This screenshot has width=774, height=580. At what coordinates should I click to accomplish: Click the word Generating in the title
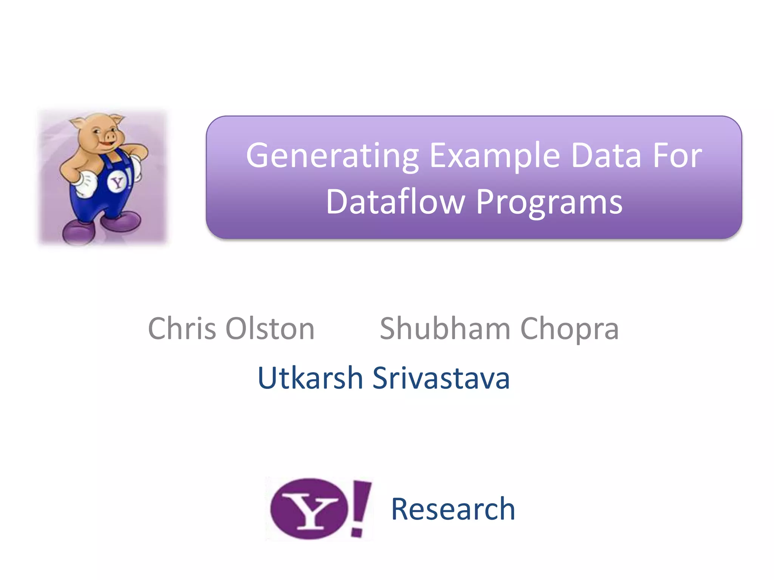332,156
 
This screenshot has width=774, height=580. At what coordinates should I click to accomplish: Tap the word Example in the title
495,156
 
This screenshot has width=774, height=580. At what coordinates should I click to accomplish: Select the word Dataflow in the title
395,202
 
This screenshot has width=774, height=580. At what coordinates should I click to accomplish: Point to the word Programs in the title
549,202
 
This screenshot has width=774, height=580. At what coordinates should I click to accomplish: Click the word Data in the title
606,156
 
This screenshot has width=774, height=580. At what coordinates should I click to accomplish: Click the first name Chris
182,328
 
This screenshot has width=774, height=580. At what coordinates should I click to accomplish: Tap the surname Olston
270,328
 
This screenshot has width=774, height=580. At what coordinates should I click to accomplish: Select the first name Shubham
445,328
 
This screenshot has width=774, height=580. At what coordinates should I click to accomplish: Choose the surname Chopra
570,328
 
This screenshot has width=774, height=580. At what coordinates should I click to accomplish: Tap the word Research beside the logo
453,509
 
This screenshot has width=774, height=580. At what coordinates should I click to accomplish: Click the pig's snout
111,136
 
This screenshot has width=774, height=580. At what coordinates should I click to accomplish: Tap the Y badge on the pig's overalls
117,183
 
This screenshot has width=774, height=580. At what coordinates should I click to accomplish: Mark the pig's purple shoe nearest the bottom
78,233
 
